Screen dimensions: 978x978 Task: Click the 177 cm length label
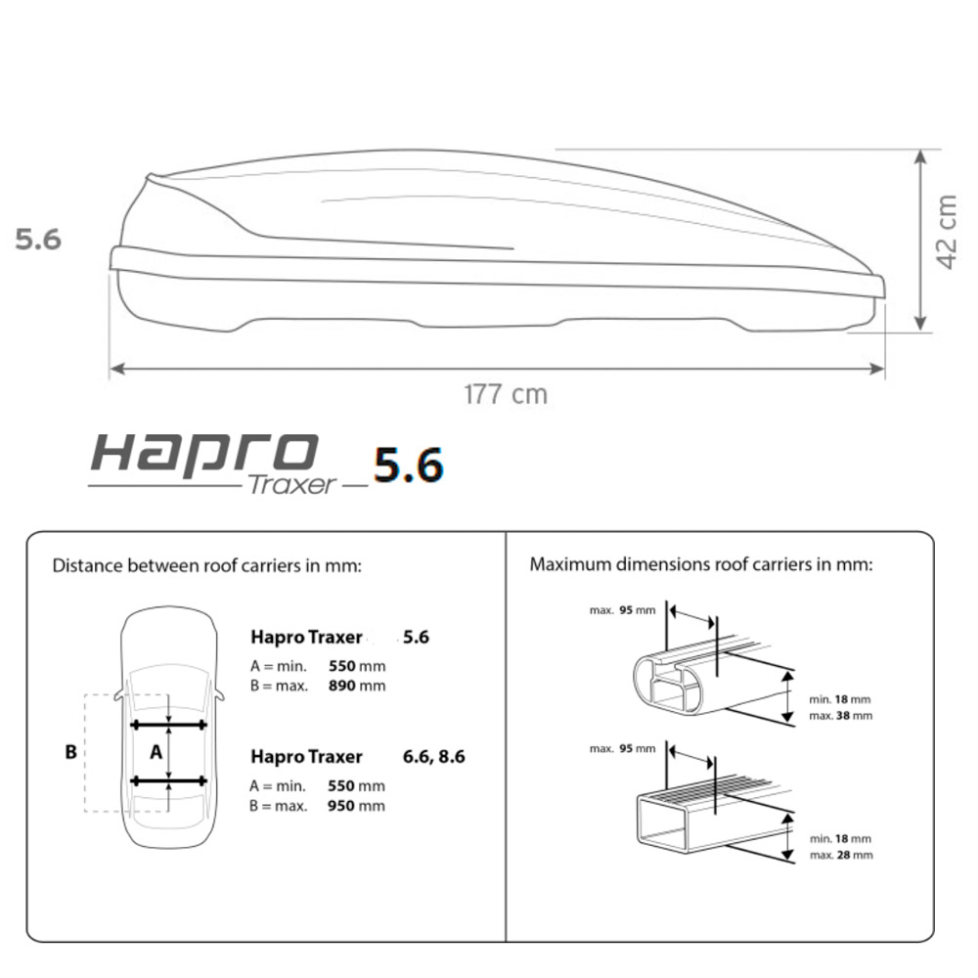tap(506, 394)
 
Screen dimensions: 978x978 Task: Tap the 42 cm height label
tap(947, 232)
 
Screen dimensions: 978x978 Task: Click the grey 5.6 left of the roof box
tap(38, 240)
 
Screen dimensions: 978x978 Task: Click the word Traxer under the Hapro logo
tap(291, 485)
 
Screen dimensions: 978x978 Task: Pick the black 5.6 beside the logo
tap(409, 466)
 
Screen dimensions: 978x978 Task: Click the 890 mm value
tap(357, 687)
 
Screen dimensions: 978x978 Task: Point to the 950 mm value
tap(356, 806)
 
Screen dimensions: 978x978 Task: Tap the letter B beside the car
tap(71, 751)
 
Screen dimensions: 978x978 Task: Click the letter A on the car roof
tap(156, 752)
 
